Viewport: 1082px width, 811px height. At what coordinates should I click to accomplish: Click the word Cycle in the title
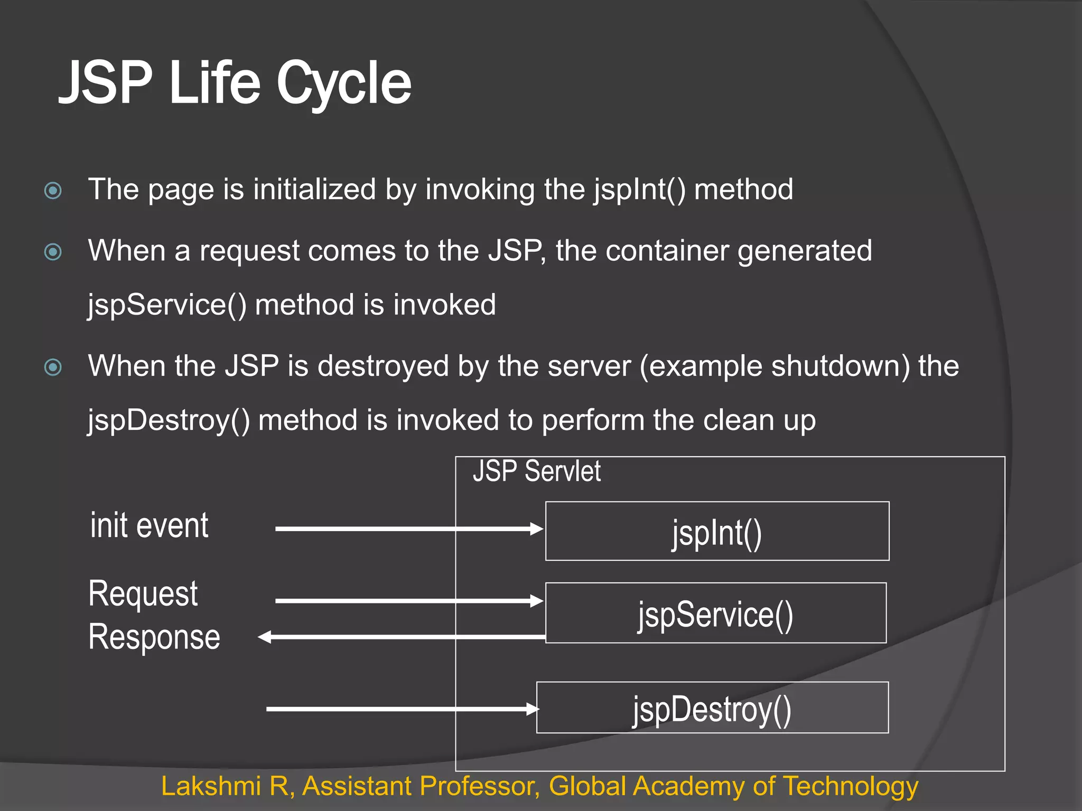(343, 83)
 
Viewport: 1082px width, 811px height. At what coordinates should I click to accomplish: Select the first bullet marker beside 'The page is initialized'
(53, 191)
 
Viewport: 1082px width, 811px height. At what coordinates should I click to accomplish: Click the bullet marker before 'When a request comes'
(53, 252)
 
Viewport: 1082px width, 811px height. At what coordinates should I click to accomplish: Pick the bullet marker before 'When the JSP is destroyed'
(53, 367)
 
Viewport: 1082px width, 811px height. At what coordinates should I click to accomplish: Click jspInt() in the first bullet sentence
(639, 190)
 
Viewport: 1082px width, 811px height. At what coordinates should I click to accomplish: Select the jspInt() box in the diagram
(717, 531)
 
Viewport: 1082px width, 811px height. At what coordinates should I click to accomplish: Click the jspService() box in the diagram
(716, 613)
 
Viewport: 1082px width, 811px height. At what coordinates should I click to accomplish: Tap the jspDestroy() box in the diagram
(712, 708)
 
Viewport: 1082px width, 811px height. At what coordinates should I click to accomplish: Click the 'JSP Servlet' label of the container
(536, 471)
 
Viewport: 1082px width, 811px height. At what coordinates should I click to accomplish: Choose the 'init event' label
(149, 526)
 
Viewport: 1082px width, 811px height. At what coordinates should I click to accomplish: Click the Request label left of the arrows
(143, 594)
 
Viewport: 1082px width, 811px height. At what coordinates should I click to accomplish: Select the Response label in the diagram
(154, 637)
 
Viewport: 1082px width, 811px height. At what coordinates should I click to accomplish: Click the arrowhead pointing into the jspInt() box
(537, 529)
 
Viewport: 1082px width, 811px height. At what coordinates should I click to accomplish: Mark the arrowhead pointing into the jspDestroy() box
(533, 709)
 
